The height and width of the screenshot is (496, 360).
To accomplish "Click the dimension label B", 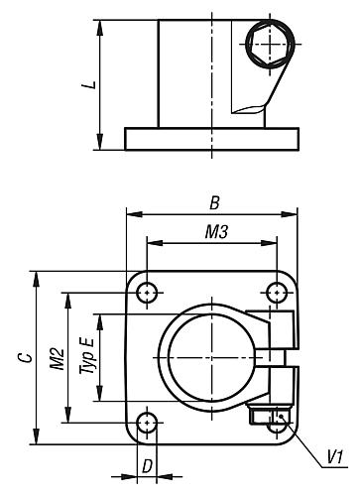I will (212, 202).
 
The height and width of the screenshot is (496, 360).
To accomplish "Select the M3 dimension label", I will (211, 232).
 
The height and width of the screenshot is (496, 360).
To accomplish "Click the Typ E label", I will (88, 355).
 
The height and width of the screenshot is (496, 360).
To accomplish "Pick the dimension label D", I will (147, 464).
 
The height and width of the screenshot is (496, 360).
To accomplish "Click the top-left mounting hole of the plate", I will (148, 293).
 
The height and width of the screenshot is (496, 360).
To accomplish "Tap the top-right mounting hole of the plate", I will (277, 293).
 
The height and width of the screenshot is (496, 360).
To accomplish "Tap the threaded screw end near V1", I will (277, 419).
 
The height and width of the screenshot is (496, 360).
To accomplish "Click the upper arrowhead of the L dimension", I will (99, 24).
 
